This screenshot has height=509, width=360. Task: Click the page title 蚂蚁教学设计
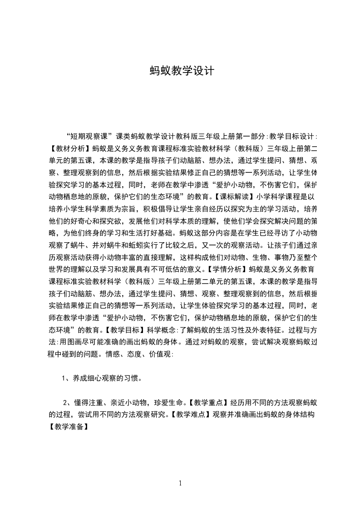[180, 71]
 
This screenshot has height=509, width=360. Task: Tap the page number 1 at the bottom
[180, 483]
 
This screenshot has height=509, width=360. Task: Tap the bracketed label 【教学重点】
[208, 402]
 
